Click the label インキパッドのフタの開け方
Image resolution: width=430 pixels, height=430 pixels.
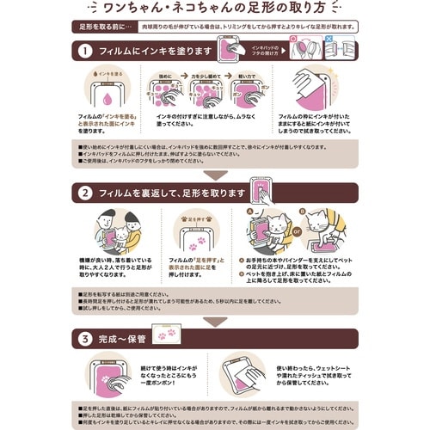click(264, 45)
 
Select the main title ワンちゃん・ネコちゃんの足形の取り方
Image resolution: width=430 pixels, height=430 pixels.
click(215, 9)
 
